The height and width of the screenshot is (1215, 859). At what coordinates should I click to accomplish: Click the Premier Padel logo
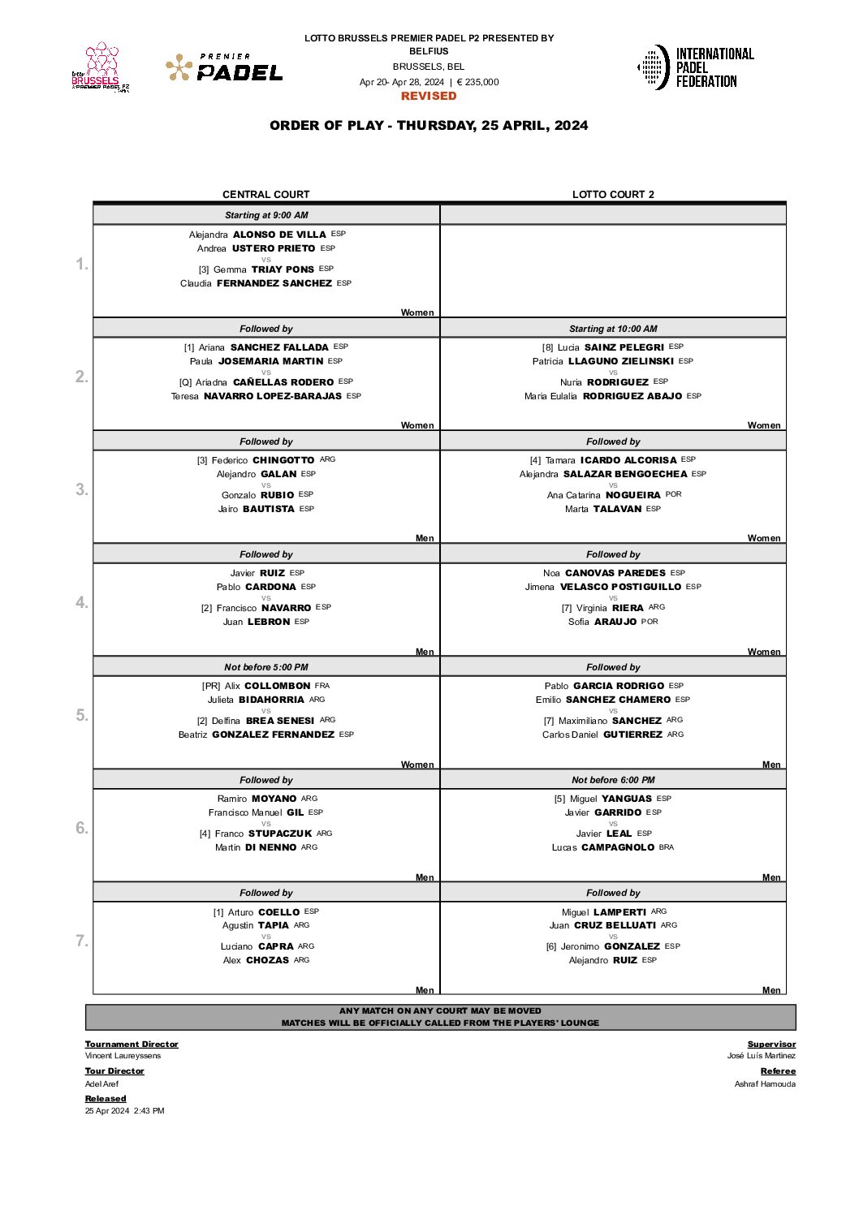click(225, 68)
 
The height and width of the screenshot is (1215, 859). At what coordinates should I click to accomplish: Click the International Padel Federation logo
click(696, 67)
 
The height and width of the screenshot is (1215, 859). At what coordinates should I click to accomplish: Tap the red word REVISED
click(429, 96)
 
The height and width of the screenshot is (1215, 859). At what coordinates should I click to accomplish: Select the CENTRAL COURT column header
click(266, 195)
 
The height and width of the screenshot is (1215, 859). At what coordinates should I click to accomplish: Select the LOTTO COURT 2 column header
click(613, 195)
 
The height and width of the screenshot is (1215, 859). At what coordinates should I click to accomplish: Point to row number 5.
click(82, 715)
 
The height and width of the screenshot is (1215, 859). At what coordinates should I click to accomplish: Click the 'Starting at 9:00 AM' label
click(266, 215)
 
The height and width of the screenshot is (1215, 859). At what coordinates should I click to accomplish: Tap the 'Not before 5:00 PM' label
click(266, 667)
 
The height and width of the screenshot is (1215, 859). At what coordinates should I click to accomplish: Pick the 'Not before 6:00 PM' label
click(613, 780)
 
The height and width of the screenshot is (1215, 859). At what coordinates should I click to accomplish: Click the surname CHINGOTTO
click(283, 460)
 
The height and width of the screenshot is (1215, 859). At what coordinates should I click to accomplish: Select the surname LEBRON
click(269, 622)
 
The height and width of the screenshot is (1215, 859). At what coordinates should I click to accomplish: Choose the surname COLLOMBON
click(278, 686)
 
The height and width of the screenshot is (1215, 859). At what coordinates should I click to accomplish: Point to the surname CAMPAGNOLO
click(618, 847)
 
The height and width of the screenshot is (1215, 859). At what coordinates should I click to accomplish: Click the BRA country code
click(667, 847)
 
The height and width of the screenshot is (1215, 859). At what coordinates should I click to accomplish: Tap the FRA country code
click(322, 686)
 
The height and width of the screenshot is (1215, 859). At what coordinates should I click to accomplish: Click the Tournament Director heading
click(132, 1045)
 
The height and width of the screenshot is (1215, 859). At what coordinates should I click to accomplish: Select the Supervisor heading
click(771, 1045)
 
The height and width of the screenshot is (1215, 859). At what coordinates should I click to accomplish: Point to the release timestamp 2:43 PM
click(149, 1111)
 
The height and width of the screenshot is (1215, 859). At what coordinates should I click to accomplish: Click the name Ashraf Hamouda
click(765, 1084)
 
